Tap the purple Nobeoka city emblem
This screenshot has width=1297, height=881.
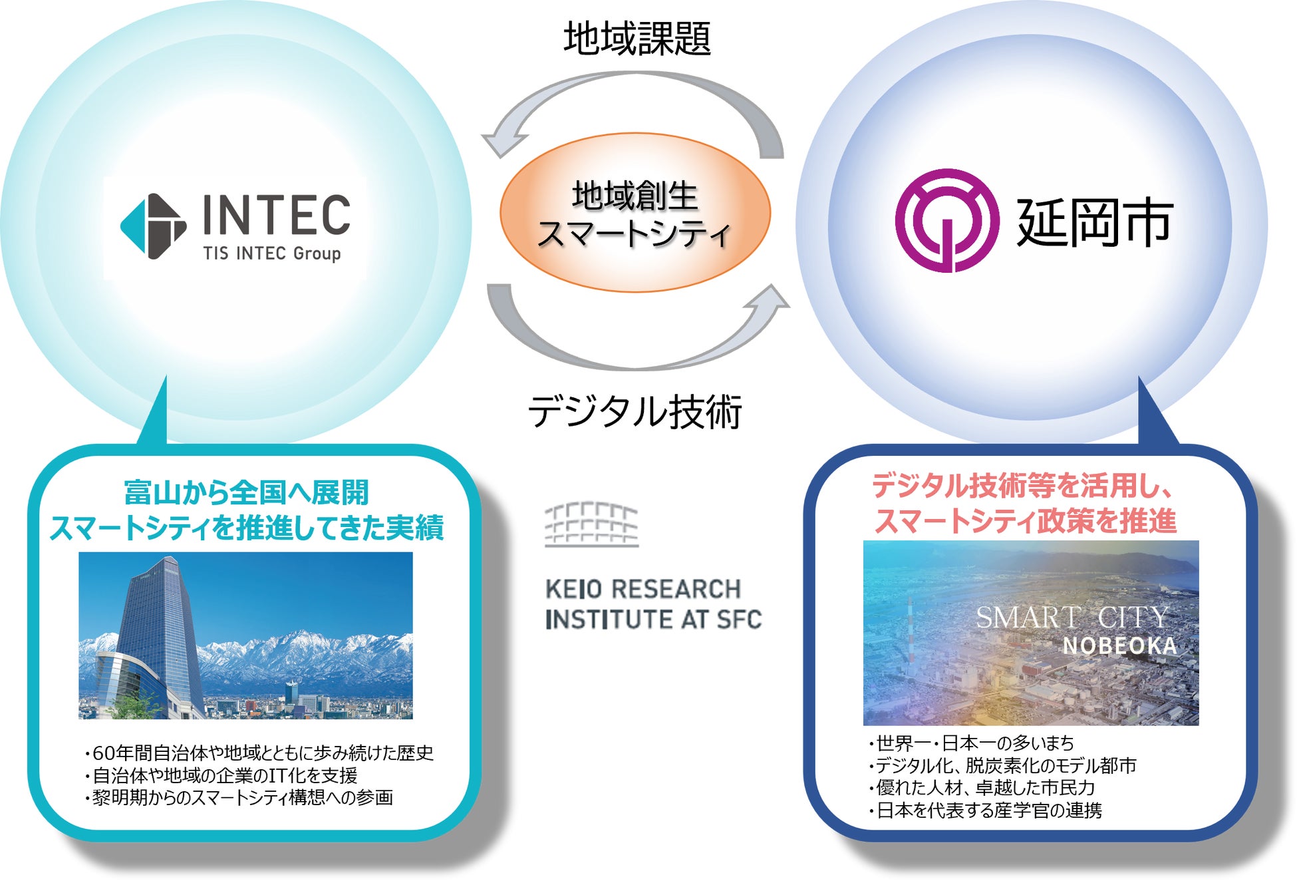click(946, 220)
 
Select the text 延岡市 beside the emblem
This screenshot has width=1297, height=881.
click(1094, 223)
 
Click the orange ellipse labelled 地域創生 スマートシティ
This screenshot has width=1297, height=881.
click(635, 213)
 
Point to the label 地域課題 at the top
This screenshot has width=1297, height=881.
click(637, 38)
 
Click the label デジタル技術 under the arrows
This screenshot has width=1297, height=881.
click(635, 411)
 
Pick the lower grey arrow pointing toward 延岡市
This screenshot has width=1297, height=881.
click(632, 339)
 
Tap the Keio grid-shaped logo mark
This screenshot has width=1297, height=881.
click(591, 524)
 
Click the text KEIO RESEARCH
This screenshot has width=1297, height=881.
click(643, 589)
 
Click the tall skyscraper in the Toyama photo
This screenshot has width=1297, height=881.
click(160, 632)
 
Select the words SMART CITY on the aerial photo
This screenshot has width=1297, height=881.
click(1072, 617)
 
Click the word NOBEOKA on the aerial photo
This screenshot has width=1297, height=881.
click(1119, 645)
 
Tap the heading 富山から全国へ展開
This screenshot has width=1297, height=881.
click(246, 492)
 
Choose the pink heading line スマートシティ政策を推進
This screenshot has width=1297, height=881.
click(1025, 520)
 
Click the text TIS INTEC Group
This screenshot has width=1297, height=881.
click(272, 254)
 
